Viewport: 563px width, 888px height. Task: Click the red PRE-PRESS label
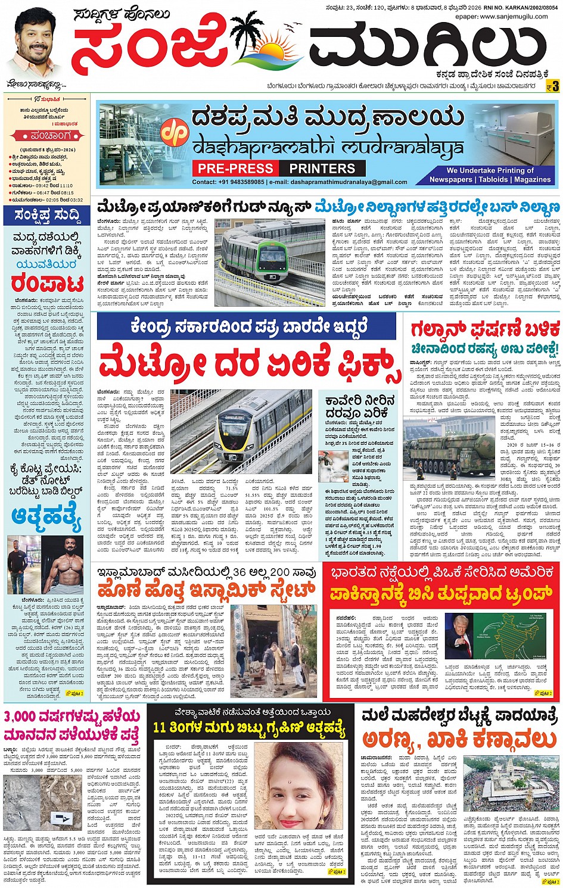click(x=235, y=169)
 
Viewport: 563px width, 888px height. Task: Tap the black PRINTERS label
click(x=322, y=169)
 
